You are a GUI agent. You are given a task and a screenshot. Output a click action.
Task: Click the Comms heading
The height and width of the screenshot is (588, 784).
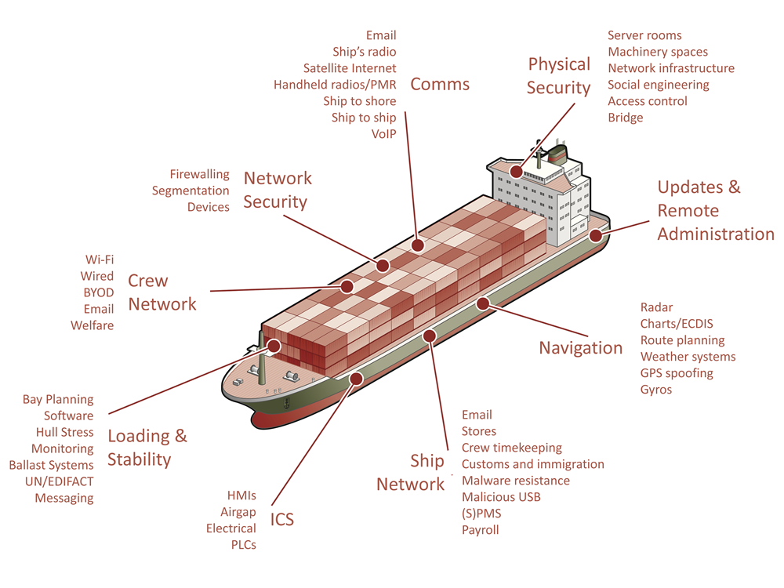pos(440,84)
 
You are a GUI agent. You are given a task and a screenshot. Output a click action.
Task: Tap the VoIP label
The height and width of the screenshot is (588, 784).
pos(383,134)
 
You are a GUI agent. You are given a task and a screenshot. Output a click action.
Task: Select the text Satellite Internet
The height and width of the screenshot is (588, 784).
pos(350,68)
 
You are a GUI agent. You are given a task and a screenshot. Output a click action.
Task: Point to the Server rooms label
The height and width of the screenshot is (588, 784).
pos(644,35)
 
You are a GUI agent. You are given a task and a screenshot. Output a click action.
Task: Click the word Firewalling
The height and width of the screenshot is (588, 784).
pos(199,175)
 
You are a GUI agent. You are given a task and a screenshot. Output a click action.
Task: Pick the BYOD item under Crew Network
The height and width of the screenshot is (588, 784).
pos(99,292)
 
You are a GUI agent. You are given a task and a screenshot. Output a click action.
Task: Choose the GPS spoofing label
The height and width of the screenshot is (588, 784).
pos(677,373)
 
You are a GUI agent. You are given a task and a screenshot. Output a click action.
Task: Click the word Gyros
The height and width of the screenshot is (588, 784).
pos(656,390)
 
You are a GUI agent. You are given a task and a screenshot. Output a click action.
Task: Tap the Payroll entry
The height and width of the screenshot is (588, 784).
pos(480,530)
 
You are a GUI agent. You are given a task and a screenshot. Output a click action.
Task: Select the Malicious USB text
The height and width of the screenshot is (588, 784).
pos(501,497)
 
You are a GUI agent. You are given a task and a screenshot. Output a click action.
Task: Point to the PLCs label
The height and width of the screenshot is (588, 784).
pos(244,545)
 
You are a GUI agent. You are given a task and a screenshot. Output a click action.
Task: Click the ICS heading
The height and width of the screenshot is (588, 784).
pos(282,520)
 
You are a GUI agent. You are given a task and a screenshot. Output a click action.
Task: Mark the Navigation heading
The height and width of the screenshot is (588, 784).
pos(580,347)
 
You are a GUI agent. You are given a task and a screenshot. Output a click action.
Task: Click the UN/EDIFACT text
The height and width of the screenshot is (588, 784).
pos(59,481)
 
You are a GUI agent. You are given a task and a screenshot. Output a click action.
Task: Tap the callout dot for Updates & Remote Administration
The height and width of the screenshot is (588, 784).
pos(596,235)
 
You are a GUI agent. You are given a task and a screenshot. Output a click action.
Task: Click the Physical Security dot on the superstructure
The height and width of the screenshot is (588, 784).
pos(516,172)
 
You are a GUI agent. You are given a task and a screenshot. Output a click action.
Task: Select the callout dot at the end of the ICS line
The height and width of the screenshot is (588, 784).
pos(356,379)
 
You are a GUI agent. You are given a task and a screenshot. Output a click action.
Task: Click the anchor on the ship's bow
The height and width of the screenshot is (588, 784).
pos(286,403)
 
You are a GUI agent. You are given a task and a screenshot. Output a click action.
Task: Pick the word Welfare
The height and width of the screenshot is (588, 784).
pos(92,325)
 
